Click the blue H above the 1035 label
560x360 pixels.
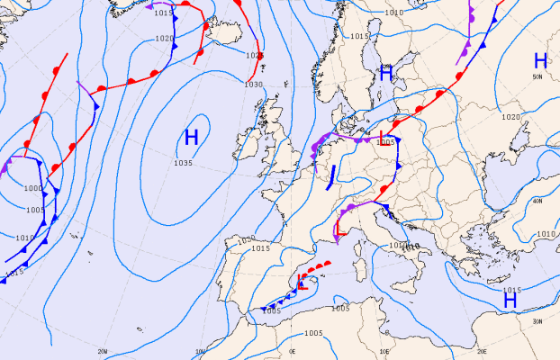(191, 138)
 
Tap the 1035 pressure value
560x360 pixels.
(184, 163)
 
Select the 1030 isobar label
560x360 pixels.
(254, 84)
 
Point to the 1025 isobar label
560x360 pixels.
(254, 56)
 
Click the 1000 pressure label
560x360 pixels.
(33, 188)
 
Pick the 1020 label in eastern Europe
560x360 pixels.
(510, 117)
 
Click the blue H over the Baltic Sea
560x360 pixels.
(386, 75)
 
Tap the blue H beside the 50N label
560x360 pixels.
(540, 61)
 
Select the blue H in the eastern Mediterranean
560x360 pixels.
(510, 300)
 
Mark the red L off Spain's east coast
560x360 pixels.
(303, 282)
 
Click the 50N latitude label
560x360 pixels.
(537, 77)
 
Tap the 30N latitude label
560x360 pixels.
(537, 321)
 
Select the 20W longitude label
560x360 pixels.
(102, 351)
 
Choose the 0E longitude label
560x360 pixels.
(293, 351)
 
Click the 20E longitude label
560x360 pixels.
(482, 351)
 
